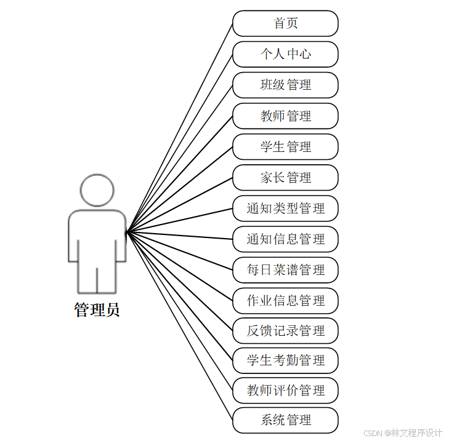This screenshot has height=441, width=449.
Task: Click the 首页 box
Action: [x=285, y=23]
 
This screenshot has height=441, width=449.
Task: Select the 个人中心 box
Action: [x=285, y=54]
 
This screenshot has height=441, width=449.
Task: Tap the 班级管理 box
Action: [x=285, y=85]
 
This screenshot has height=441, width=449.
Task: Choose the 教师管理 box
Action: [x=285, y=116]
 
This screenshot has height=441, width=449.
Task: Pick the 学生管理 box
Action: [x=285, y=146]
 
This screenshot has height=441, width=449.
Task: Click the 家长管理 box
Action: [x=285, y=177]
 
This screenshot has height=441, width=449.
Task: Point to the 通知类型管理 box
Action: [x=285, y=208]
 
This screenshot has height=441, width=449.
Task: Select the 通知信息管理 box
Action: [x=285, y=239]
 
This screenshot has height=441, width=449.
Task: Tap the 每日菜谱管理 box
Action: [x=285, y=269]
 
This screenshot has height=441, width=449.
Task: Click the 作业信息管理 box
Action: [x=285, y=300]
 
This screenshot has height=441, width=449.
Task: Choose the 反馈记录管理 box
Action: [x=285, y=330]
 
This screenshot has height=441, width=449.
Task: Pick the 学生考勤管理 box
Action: [x=285, y=360]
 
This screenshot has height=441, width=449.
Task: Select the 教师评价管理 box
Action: [x=285, y=390]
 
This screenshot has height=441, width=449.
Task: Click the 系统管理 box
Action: [x=285, y=420]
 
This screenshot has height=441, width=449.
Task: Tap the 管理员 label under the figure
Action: [x=97, y=310]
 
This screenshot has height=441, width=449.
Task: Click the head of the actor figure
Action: [x=97, y=190]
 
